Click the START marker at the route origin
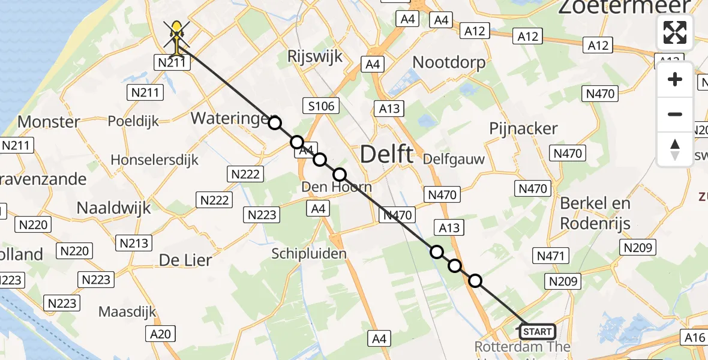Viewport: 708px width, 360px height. (x=537, y=332)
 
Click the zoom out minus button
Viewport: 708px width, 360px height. (x=675, y=114)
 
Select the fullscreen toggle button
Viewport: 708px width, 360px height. (x=675, y=32)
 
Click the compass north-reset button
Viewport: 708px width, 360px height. (x=675, y=149)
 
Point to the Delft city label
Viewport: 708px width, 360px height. (x=387, y=155)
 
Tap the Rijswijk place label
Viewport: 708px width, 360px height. (x=315, y=56)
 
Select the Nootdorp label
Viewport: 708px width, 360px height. (x=449, y=62)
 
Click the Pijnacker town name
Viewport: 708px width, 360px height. (x=523, y=128)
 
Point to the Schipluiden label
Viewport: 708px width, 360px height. (x=309, y=254)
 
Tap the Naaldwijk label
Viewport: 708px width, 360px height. (x=114, y=208)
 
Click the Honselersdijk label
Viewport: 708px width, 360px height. (x=155, y=160)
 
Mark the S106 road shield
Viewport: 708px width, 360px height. (x=321, y=106)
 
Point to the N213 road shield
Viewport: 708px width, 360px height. (x=134, y=242)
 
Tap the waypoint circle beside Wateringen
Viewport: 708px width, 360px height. (x=274, y=123)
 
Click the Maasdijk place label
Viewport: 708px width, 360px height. (x=127, y=312)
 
